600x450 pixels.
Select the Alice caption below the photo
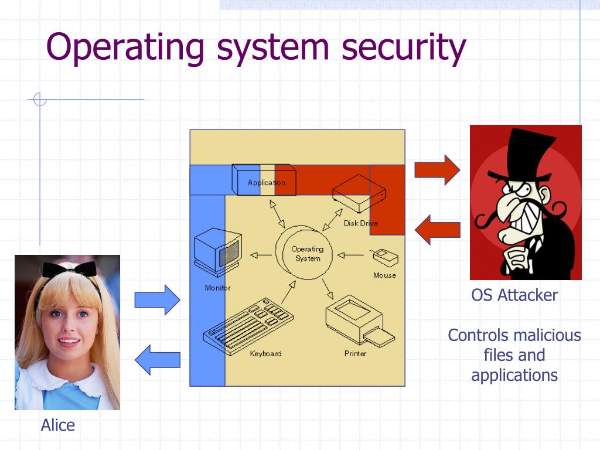click(58, 425)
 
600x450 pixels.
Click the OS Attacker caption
click(514, 295)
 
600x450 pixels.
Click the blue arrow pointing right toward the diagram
click(157, 299)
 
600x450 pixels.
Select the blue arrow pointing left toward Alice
click(157, 359)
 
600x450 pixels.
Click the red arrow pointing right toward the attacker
click(437, 170)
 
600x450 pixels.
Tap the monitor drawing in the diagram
click(217, 253)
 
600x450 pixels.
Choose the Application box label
click(266, 183)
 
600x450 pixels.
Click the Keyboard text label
click(265, 353)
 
